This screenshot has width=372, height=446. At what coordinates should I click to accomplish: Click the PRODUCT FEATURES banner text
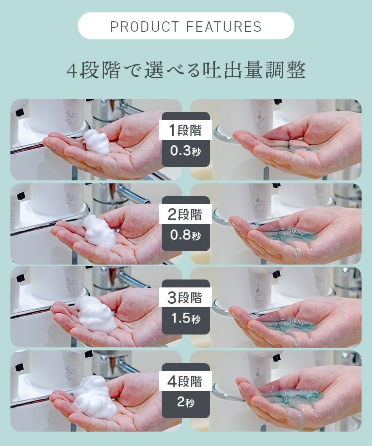(186, 26)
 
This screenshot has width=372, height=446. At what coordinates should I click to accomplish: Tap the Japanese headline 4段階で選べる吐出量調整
(186, 70)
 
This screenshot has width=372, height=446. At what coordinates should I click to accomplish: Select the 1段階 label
(186, 130)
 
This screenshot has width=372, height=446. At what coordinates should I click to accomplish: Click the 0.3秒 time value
(186, 151)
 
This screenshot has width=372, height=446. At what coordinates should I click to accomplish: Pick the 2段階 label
(186, 214)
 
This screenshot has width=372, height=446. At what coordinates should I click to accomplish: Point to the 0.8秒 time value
(186, 235)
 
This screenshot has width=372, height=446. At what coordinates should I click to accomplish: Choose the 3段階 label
(185, 297)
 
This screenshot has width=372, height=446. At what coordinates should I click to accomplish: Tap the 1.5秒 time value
(186, 318)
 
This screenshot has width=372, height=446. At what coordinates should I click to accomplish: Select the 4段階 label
(185, 381)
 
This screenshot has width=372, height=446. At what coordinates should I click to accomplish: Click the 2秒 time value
(186, 401)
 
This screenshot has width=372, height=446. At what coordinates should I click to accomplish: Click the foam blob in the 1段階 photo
(97, 142)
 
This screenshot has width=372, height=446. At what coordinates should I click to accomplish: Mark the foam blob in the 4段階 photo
(95, 397)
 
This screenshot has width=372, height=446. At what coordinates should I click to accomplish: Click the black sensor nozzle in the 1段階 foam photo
(20, 112)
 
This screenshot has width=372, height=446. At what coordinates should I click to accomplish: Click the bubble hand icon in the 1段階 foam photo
(71, 117)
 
